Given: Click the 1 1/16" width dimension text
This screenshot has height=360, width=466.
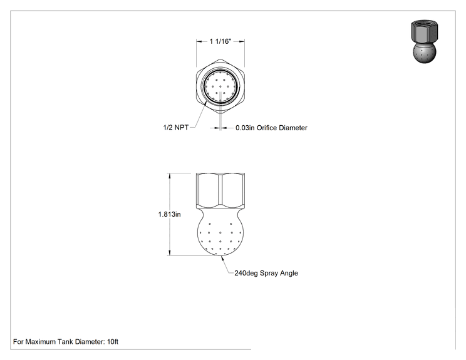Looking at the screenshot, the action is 220,41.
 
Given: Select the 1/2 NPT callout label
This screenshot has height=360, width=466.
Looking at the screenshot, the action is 175,128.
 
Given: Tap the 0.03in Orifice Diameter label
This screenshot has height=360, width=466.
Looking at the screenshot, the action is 271,128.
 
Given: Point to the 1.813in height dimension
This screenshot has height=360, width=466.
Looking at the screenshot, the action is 169,214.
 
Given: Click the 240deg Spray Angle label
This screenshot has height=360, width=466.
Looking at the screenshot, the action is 266,273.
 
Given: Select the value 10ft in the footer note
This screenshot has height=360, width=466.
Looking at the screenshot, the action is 113,342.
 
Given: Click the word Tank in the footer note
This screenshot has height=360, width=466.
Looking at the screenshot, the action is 65,342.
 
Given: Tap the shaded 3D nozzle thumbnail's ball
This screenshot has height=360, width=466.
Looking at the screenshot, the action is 425,53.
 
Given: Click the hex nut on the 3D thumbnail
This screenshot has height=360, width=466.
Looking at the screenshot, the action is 425,32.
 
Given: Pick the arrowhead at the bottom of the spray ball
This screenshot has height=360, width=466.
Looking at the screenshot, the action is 222,258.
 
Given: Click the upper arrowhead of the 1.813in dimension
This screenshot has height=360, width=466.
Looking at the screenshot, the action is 170,175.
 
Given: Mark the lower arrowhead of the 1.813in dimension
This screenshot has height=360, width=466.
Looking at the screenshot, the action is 170,253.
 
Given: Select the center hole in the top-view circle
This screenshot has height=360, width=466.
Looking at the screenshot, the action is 220,86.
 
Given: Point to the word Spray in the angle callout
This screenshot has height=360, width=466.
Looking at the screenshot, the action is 268,273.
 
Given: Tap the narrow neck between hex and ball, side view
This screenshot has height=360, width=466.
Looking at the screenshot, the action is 220,210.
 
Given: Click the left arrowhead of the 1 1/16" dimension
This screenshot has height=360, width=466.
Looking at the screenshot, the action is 199,41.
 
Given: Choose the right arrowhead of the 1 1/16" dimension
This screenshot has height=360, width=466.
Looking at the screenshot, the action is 242,41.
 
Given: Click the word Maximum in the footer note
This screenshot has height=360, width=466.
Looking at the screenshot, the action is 41,342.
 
